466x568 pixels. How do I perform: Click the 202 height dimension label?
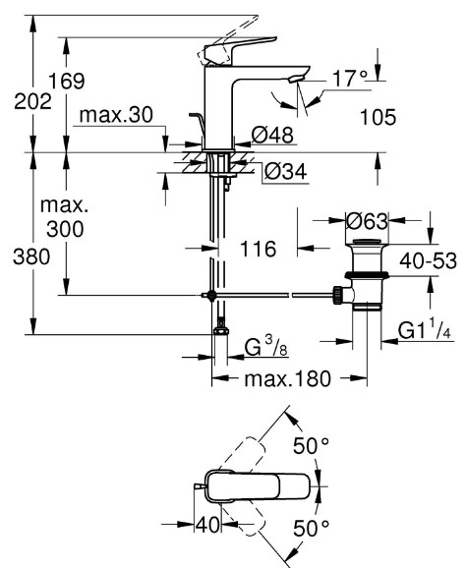(32, 102)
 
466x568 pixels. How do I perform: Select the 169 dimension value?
(67, 81)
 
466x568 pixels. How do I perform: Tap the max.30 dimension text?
(116, 115)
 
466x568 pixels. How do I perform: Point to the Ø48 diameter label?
(272, 135)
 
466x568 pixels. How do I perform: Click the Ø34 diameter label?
(285, 171)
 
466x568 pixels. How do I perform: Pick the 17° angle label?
(350, 79)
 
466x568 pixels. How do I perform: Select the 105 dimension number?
(378, 117)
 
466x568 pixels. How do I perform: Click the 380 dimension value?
(31, 257)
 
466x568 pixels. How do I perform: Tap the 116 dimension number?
(258, 249)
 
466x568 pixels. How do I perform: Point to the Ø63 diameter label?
(367, 220)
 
